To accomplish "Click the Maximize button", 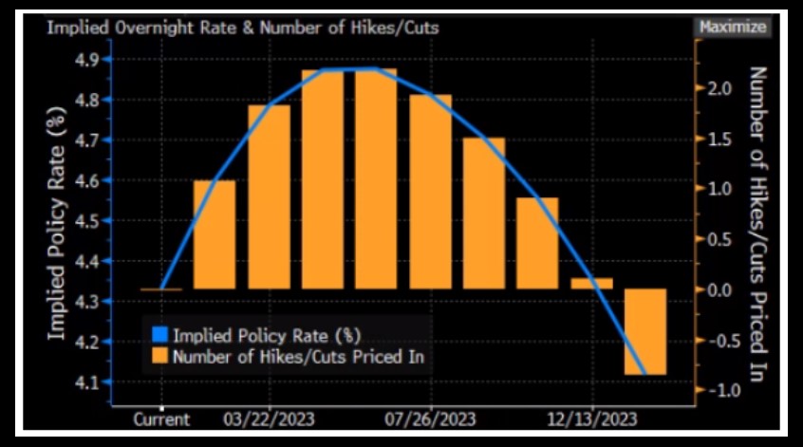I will pos(732,27).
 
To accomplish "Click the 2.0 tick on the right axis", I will pos(717,88).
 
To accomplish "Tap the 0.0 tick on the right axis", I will pos(717,289).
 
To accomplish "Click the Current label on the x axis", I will pos(160,419).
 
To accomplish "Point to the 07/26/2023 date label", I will pos(432,419).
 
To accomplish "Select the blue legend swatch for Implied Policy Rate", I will pos(159,335).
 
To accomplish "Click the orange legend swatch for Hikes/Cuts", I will pos(159,357).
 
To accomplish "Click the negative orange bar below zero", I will pos(645,331).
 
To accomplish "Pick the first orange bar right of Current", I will pos(215,234).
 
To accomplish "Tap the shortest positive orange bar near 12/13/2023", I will pos(592,283).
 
